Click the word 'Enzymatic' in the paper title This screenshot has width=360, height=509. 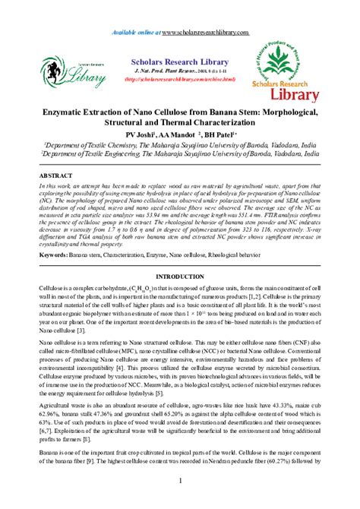[70, 112]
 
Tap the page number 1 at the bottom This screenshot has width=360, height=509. [180, 481]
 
